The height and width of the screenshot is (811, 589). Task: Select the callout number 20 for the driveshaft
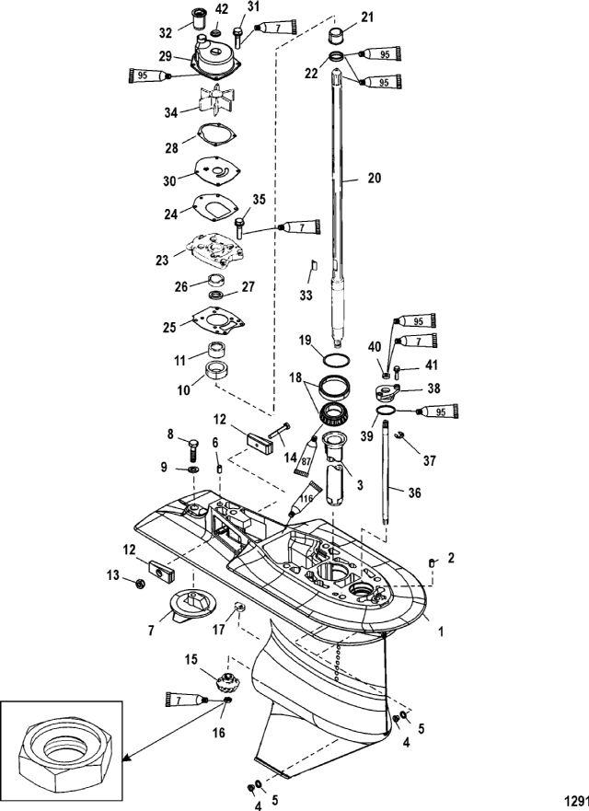(x=374, y=178)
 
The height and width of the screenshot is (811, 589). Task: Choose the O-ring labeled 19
(x=336, y=359)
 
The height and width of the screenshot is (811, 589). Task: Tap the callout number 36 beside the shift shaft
(x=414, y=492)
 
